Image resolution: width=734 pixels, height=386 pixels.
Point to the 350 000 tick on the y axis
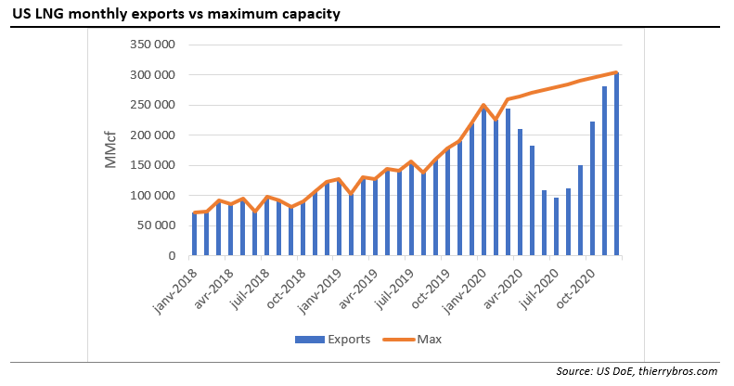point(154,44)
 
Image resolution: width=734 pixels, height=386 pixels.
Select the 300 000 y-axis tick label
point(154,74)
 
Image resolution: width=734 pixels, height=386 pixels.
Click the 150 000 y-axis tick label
point(154,165)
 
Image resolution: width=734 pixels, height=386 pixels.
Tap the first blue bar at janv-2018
point(195,234)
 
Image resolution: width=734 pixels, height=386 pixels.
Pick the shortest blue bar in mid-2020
point(556,226)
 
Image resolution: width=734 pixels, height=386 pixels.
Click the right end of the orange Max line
point(617,72)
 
